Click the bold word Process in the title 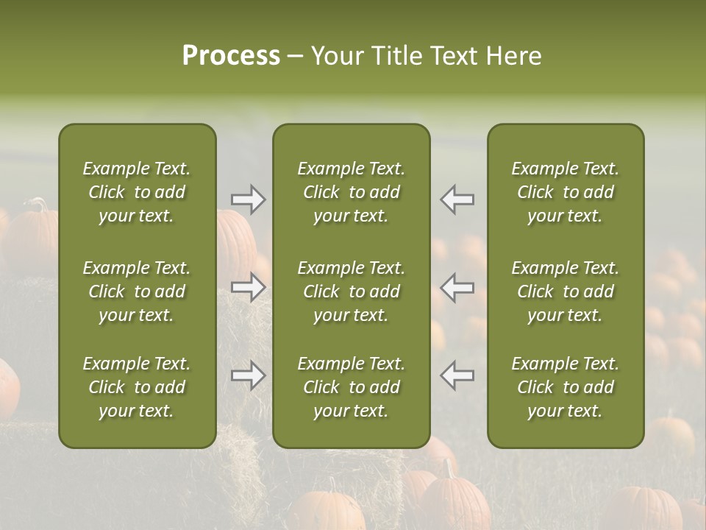[231, 56]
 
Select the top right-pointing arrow [249, 199]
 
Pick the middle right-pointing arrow [249, 287]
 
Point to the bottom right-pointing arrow [249, 375]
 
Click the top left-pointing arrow [457, 199]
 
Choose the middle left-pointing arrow [457, 287]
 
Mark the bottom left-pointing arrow [457, 375]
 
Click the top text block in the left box [137, 192]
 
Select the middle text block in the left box [137, 291]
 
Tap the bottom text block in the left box [137, 387]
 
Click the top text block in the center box [352, 192]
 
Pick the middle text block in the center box [352, 291]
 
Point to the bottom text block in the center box [352, 387]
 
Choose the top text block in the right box [566, 192]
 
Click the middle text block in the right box [566, 291]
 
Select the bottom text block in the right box [566, 387]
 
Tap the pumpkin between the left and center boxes [237, 243]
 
